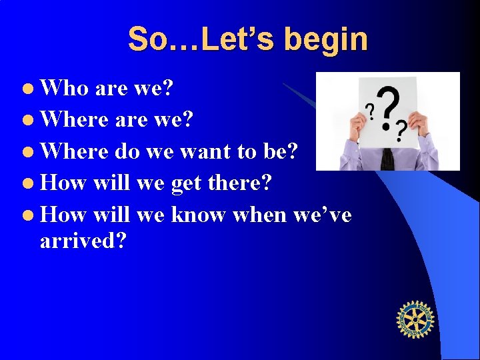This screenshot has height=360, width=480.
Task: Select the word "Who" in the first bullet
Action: (x=65, y=88)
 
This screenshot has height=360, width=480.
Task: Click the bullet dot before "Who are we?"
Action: (x=31, y=89)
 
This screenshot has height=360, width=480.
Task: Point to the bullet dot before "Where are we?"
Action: (x=31, y=120)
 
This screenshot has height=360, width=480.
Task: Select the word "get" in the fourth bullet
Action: (x=186, y=182)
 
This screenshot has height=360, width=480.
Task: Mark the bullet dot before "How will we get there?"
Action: (x=31, y=182)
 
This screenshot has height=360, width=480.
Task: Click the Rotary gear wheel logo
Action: (x=415, y=319)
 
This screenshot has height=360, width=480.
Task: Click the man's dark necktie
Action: (x=387, y=159)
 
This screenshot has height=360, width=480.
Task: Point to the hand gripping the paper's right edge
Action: (x=419, y=123)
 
